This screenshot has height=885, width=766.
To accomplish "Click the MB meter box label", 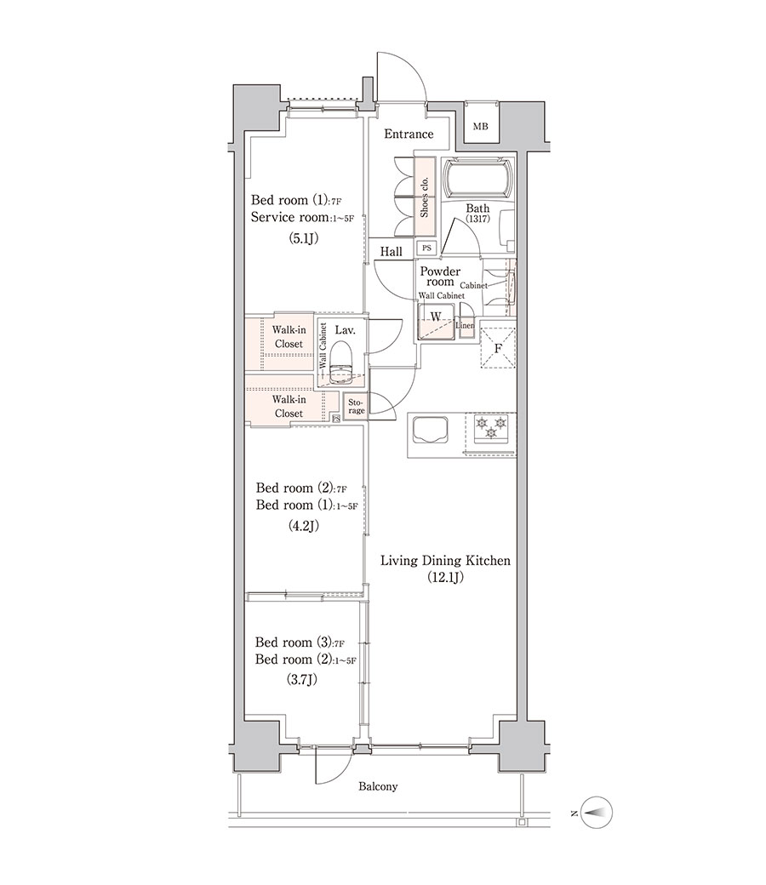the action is (x=480, y=127).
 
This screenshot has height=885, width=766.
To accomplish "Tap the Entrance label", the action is (x=409, y=134).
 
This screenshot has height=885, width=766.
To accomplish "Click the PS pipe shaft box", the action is (x=426, y=248).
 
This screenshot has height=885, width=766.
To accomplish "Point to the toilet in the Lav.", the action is (x=340, y=365).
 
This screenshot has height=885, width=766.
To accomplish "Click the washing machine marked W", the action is (x=435, y=321).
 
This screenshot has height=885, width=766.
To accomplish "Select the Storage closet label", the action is (x=356, y=407).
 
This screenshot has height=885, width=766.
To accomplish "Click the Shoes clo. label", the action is (x=425, y=197).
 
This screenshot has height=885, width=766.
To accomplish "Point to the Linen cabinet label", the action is (x=465, y=326).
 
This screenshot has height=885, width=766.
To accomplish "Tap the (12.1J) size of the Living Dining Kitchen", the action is (x=445, y=578).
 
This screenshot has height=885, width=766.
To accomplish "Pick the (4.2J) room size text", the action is (x=303, y=526).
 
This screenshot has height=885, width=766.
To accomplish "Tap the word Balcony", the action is (x=378, y=786).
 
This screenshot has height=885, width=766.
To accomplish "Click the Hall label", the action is (x=391, y=252).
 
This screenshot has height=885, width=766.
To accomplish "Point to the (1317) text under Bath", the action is (x=477, y=219).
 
